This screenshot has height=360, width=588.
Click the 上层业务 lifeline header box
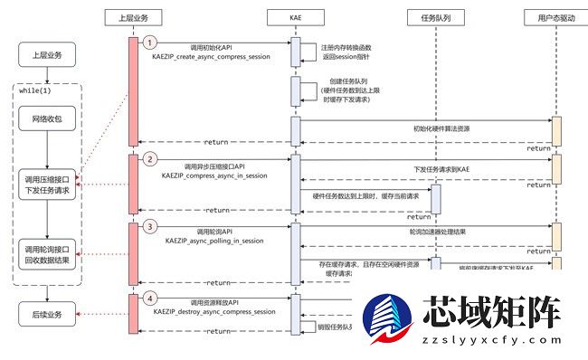point(133,17)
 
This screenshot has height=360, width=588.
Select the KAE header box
point(294,17)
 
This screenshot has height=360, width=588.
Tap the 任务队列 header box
point(434,17)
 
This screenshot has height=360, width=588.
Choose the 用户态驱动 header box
point(556,17)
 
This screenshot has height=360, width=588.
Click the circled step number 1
point(151,42)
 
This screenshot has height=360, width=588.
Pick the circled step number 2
point(151,160)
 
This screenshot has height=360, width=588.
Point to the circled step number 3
point(151,226)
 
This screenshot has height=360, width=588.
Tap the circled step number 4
point(151,297)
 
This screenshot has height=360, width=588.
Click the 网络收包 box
point(50,118)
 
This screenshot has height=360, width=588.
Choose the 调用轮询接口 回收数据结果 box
point(50,254)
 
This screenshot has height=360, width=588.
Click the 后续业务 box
point(50,314)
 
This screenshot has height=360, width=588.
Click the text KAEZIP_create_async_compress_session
point(214,56)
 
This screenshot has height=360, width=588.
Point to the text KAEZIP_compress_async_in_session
point(214,174)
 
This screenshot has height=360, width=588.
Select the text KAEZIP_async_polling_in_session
point(214,241)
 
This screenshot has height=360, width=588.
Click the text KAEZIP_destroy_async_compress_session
point(214,310)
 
